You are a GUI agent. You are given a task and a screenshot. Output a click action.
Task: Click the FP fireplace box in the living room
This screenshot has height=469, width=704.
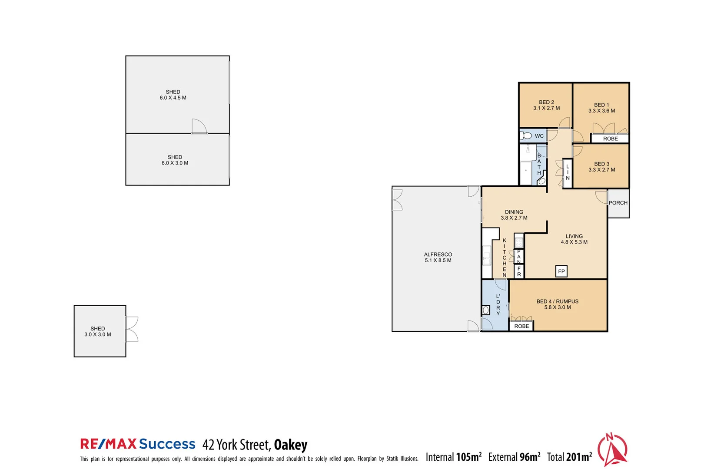tap(561, 271)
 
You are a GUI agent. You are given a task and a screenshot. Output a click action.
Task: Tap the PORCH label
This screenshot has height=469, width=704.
tap(618, 203)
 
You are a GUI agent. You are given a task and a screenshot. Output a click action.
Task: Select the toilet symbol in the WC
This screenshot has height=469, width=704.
tap(526, 135)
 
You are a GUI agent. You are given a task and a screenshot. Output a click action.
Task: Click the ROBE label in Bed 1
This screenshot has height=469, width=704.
tap(610, 139)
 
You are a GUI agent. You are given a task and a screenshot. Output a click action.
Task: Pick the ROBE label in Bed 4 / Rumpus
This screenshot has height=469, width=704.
tap(521, 326)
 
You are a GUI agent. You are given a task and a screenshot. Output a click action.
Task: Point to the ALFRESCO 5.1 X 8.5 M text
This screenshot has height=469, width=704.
tap(438, 258)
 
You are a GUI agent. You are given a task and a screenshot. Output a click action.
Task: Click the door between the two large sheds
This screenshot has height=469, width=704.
tap(199, 127)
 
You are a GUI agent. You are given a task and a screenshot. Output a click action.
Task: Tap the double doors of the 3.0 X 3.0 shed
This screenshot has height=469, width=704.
tap(132, 329)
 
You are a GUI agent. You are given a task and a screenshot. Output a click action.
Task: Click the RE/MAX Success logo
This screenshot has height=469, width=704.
tap(138, 444)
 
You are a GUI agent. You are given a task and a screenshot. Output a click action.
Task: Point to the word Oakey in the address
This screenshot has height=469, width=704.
tap(290, 445)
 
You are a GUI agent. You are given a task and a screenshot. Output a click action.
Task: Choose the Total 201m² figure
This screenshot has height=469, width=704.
tap(569, 457)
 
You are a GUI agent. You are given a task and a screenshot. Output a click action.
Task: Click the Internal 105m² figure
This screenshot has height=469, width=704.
tap(453, 457)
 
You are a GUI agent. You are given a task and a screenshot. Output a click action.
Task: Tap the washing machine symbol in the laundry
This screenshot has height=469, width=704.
tap(486, 310)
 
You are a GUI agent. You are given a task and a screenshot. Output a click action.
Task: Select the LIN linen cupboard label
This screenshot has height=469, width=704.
tap(568, 172)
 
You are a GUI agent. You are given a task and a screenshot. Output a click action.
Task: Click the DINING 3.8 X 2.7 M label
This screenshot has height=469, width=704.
tap(514, 215)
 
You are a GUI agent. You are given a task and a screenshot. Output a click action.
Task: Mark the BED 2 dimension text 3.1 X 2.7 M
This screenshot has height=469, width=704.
tap(547, 108)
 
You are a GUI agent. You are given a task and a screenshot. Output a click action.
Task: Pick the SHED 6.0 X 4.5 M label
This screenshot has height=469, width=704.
tap(173, 95)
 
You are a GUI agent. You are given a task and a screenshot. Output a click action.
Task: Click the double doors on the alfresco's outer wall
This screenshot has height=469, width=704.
tap(396, 200)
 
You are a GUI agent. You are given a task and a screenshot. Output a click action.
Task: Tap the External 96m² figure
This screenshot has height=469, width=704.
tap(514, 457)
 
